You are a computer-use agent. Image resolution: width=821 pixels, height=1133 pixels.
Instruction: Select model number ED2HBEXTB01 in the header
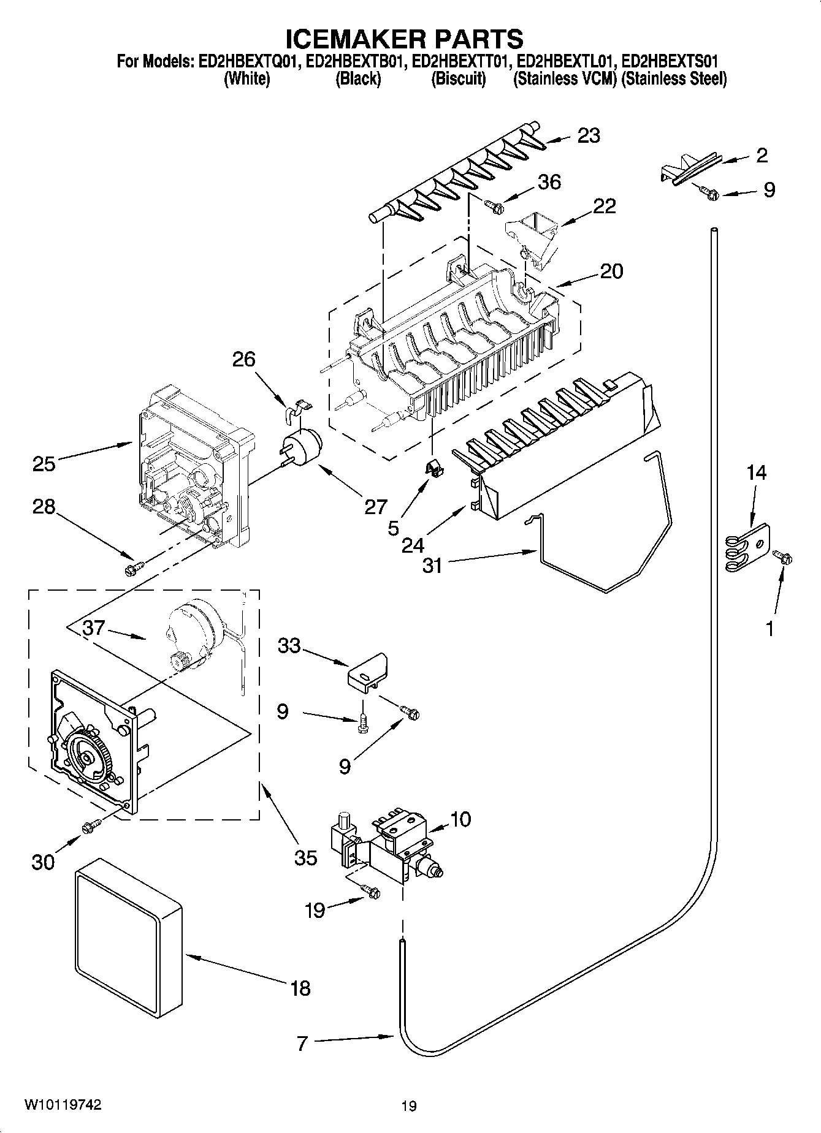pos(356,61)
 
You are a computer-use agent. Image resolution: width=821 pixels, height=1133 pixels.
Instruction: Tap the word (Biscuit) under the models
pos(459,79)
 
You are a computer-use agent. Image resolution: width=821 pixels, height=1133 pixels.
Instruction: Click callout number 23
pos(589,135)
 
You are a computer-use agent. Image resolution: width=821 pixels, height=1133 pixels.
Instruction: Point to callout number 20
pos(611,271)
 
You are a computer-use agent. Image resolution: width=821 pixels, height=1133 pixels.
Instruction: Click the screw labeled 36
pos(494,207)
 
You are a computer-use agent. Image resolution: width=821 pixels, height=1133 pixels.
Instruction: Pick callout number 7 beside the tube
pos(302,1044)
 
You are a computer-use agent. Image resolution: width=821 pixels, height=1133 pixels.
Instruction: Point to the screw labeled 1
pos(782,557)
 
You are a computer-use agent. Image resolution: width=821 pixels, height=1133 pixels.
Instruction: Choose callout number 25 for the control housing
pos(44,464)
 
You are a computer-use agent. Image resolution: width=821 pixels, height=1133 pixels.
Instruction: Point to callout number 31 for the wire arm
pos(432,565)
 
